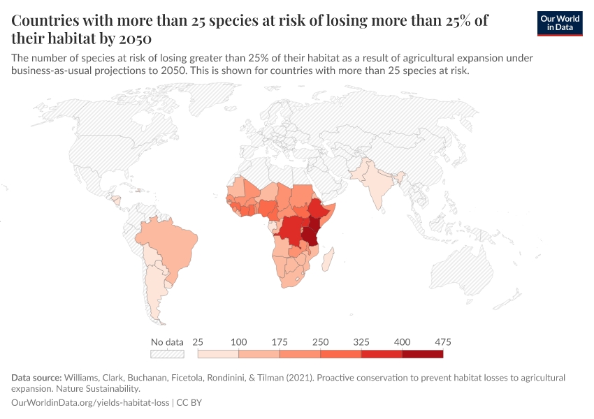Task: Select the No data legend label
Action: (x=167, y=342)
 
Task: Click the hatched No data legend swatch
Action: (x=167, y=354)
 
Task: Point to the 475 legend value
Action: (x=442, y=342)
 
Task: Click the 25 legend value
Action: (x=198, y=342)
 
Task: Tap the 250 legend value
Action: (x=320, y=342)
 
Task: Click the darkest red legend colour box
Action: (x=422, y=354)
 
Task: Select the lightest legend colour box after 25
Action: (x=218, y=354)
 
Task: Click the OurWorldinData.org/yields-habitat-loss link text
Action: (x=91, y=403)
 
